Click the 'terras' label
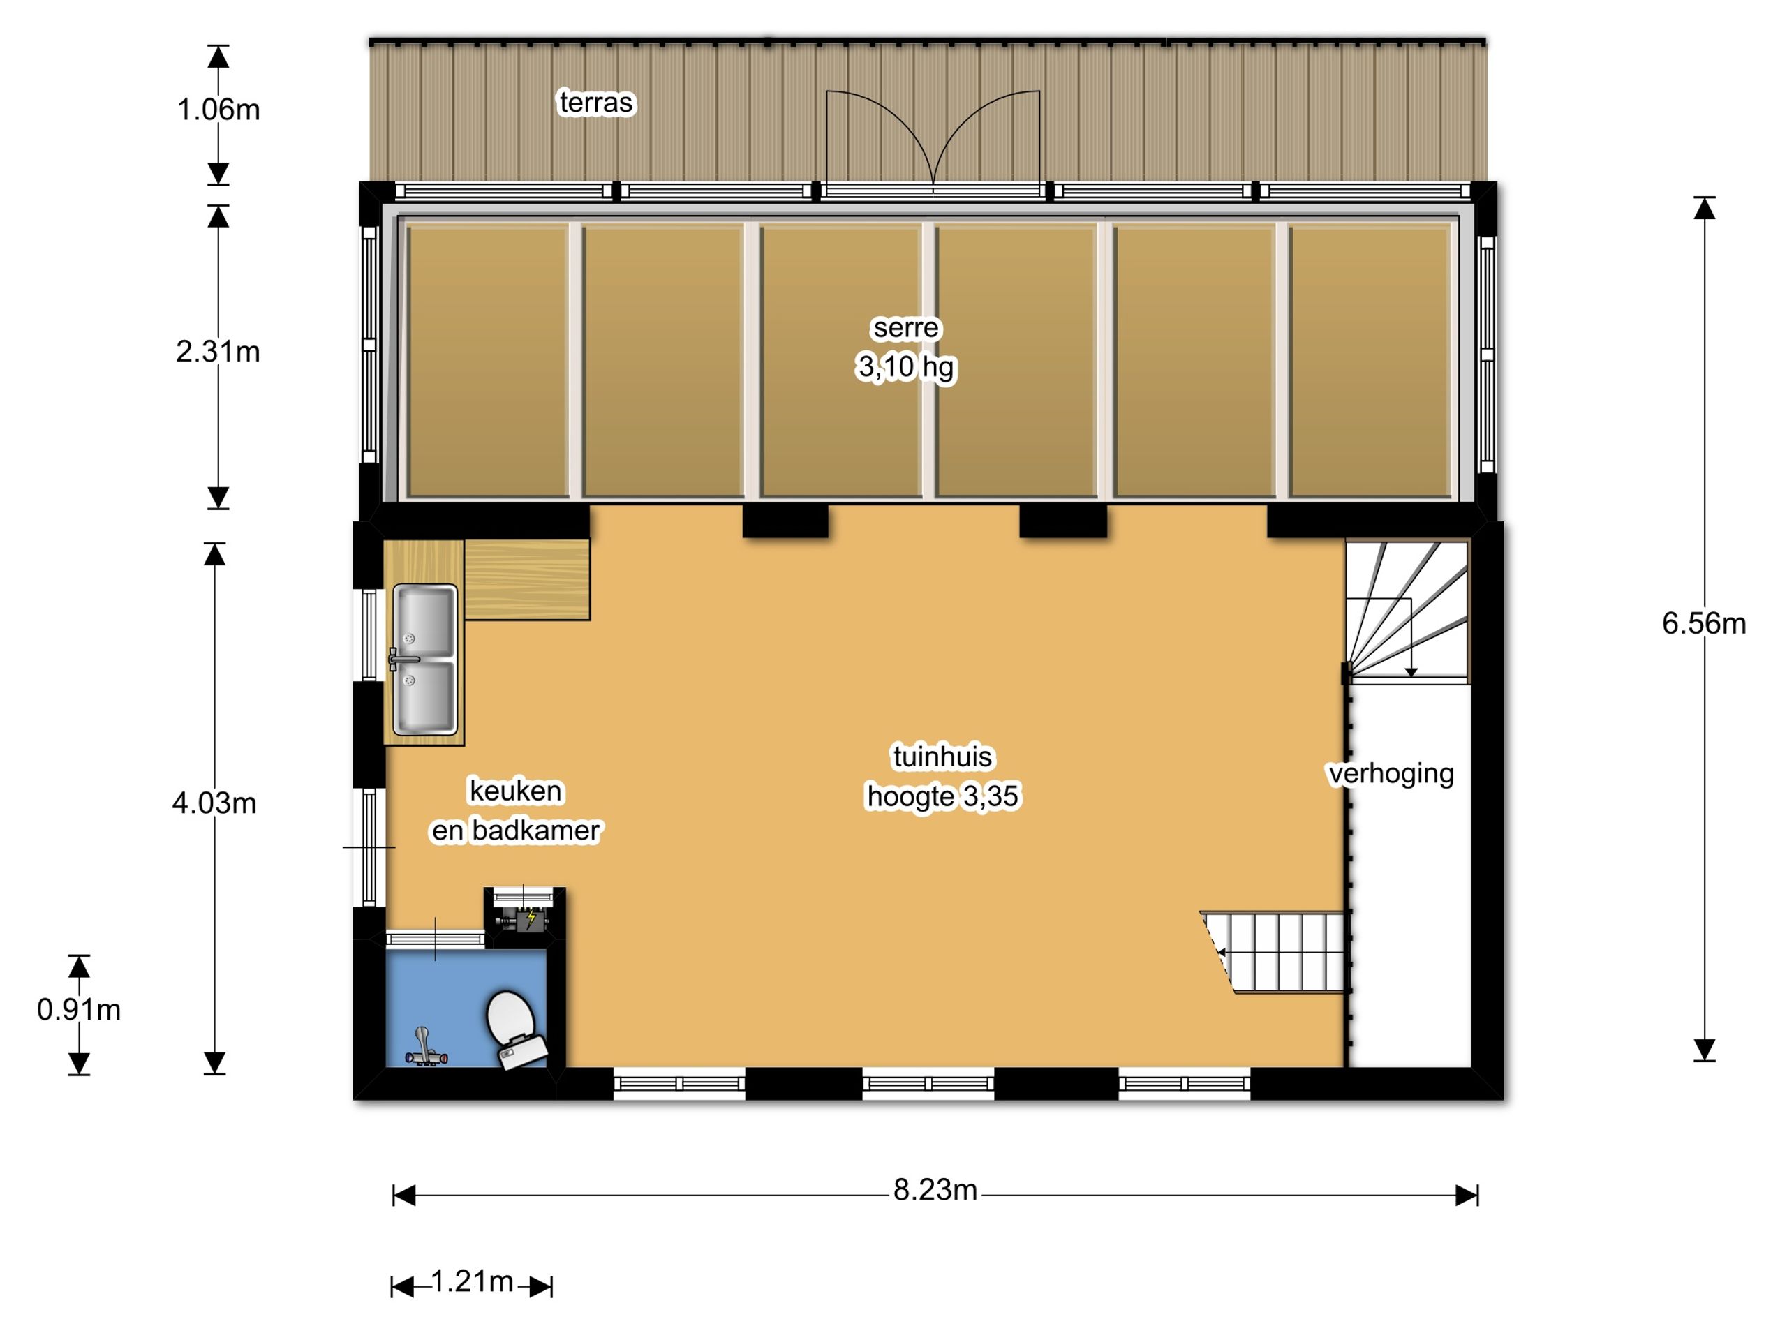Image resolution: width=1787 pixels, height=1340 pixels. tap(596, 103)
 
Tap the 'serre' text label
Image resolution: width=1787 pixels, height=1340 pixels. tap(905, 327)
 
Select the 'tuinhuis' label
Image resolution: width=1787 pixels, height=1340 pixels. tap(942, 757)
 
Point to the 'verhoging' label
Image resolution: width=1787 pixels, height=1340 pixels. tap(1391, 774)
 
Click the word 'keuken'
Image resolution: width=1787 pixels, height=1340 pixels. tap(515, 791)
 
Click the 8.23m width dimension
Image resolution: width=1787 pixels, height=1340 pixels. tap(935, 1191)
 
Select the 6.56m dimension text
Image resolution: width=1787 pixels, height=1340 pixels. tap(1704, 623)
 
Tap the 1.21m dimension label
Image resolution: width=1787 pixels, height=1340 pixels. tap(472, 1281)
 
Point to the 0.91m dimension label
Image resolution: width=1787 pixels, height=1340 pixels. tap(78, 1010)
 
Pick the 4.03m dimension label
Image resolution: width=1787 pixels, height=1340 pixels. tap(214, 803)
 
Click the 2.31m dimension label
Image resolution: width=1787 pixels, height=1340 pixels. tap(218, 351)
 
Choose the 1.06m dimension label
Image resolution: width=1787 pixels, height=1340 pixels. tap(218, 109)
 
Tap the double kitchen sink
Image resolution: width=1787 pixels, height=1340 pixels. tap(425, 659)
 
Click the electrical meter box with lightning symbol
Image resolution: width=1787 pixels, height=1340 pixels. tap(524, 918)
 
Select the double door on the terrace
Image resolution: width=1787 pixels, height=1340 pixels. tap(933, 139)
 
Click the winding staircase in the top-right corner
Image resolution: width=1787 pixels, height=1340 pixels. tap(1407, 611)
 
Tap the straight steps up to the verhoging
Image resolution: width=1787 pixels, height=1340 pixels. tap(1274, 951)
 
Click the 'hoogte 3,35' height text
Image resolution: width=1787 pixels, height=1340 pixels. tap(943, 796)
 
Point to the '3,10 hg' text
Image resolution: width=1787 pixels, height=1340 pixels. tap(905, 366)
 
